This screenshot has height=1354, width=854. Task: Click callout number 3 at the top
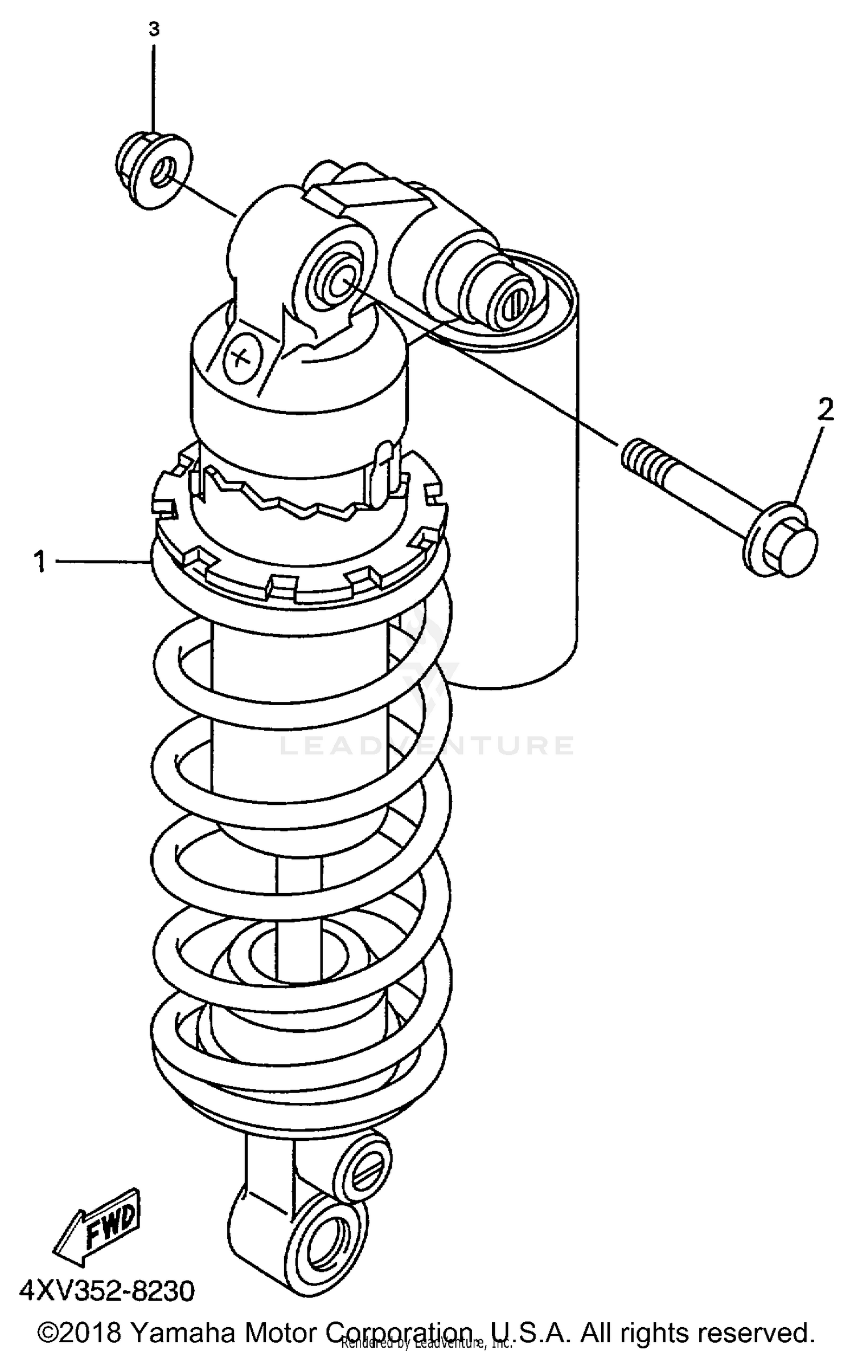[x=154, y=29]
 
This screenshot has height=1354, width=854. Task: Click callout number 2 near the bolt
[x=826, y=410]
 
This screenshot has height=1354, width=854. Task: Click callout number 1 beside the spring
[x=39, y=561]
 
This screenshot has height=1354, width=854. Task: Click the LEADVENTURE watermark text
[x=427, y=746]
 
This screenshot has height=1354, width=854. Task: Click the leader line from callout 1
[x=102, y=562]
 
